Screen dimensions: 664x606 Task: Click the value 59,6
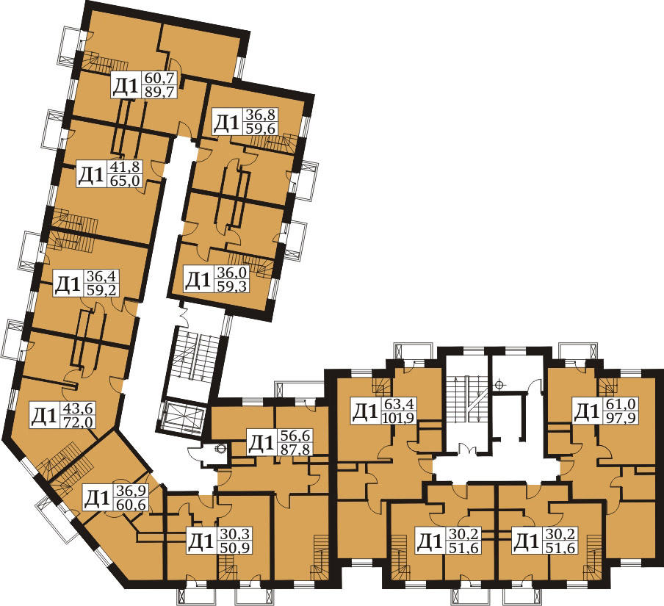(258, 128)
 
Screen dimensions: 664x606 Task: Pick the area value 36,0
(232, 273)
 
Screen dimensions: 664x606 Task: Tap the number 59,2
(102, 290)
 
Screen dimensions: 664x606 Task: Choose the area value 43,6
(79, 408)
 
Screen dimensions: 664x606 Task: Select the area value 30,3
(234, 535)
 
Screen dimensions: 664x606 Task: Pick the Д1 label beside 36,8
(227, 123)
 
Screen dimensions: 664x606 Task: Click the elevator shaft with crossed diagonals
(184, 416)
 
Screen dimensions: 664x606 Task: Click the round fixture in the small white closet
(220, 449)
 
